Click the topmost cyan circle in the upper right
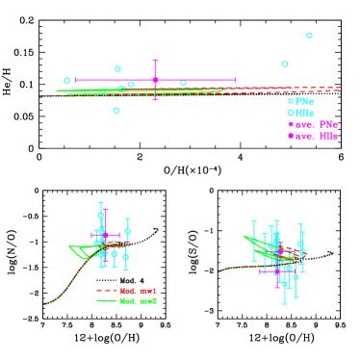pyautogui.click(x=309, y=36)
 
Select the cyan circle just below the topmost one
pyautogui.click(x=285, y=64)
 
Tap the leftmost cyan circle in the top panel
pyautogui.click(x=67, y=81)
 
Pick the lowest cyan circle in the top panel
pyautogui.click(x=116, y=111)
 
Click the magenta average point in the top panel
pyautogui.click(x=155, y=80)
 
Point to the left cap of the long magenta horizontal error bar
pyautogui.click(x=75, y=80)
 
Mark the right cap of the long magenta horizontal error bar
pyautogui.click(x=235, y=80)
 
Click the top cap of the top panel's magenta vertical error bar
pyautogui.click(x=155, y=62)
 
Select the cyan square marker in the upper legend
pyautogui.click(x=291, y=101)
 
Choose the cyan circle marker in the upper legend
pyautogui.click(x=291, y=113)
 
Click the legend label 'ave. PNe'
pyautogui.click(x=317, y=124)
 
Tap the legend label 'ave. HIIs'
pyautogui.click(x=317, y=136)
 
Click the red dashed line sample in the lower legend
pyautogui.click(x=106, y=291)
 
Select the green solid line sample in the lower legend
pyautogui.click(x=106, y=301)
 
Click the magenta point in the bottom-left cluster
pyautogui.click(x=105, y=235)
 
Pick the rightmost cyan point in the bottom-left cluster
pyautogui.click(x=127, y=231)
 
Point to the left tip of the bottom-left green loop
pyautogui.click(x=69, y=246)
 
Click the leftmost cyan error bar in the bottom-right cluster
pyautogui.click(x=254, y=241)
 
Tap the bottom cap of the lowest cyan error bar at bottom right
pyautogui.click(x=284, y=304)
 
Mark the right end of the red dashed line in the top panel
pyautogui.click(x=340, y=88)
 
